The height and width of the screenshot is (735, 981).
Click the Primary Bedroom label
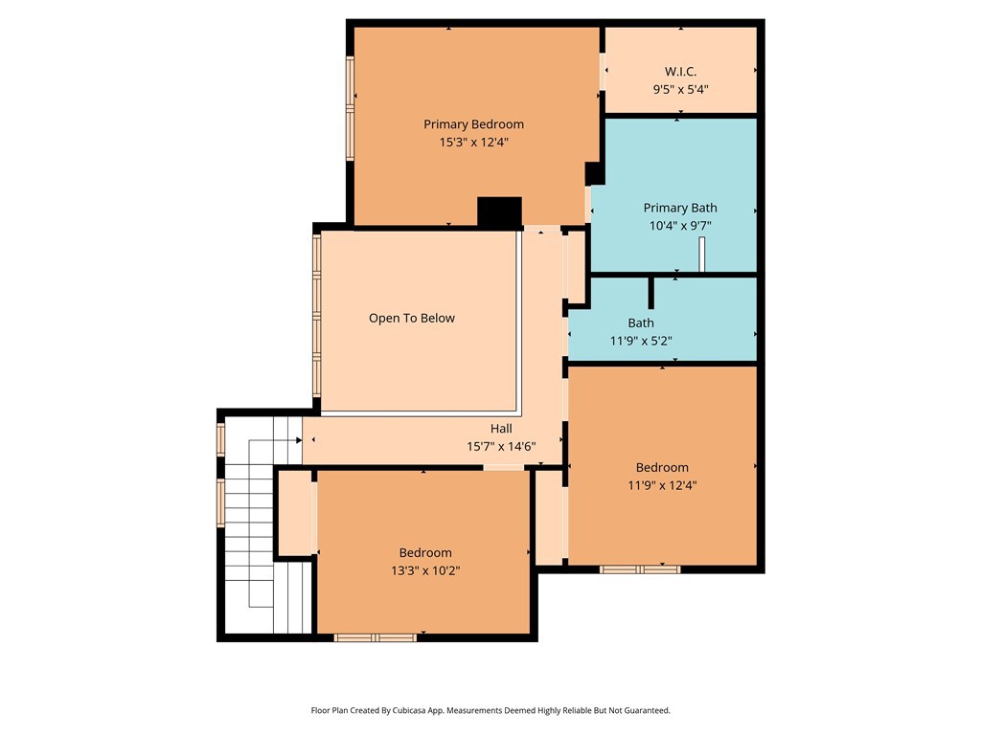pos(473,123)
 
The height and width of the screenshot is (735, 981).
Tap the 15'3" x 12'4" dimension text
pos(473,142)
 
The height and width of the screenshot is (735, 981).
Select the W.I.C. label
pos(680,72)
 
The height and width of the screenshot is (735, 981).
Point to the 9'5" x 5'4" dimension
pos(680,90)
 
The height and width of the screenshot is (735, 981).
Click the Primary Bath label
pos(679,208)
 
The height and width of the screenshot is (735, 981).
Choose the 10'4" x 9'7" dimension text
pos(679,226)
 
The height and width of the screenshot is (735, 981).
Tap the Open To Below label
pos(412,318)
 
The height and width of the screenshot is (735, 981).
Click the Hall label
pos(501,429)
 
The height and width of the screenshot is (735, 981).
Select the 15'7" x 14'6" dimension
pos(500,446)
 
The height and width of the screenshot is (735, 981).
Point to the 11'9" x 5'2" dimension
pos(641,341)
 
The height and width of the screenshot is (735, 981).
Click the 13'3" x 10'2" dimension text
pos(425,570)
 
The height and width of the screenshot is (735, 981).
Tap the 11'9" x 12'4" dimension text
pos(662,485)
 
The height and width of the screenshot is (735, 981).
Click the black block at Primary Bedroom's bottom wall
pos(499,212)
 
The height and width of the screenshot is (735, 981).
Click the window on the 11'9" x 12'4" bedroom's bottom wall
pos(640,569)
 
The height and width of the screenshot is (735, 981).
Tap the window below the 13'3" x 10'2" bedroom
pos(376,637)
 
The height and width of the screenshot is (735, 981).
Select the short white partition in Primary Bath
pos(702,255)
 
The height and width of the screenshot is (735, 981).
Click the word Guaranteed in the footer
pos(647,711)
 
